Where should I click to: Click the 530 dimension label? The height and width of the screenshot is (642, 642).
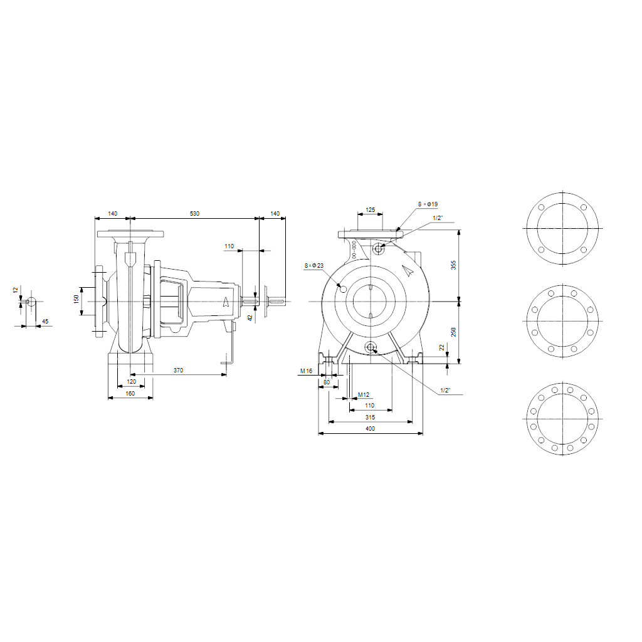click(194, 214)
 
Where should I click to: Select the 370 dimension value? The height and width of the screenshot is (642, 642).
click(178, 371)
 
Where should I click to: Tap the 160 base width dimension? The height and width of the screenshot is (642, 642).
click(130, 393)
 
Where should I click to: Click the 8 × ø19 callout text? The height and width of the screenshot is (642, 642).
click(428, 204)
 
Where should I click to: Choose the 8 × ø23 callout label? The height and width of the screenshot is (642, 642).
click(313, 266)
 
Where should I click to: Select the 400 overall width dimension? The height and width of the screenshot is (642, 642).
click(370, 429)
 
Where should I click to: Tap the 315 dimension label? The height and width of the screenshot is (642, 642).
click(370, 417)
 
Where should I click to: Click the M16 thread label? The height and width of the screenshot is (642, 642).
click(305, 371)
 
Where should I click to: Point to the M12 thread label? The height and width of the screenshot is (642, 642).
click(364, 394)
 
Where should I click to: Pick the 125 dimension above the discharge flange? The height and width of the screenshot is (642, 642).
click(370, 209)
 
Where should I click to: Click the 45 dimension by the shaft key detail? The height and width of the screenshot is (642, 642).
click(45, 322)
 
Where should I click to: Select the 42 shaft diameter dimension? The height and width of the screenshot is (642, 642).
click(250, 318)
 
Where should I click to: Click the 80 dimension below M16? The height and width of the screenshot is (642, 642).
click(326, 381)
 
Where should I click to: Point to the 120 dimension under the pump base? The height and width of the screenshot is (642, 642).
click(131, 381)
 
